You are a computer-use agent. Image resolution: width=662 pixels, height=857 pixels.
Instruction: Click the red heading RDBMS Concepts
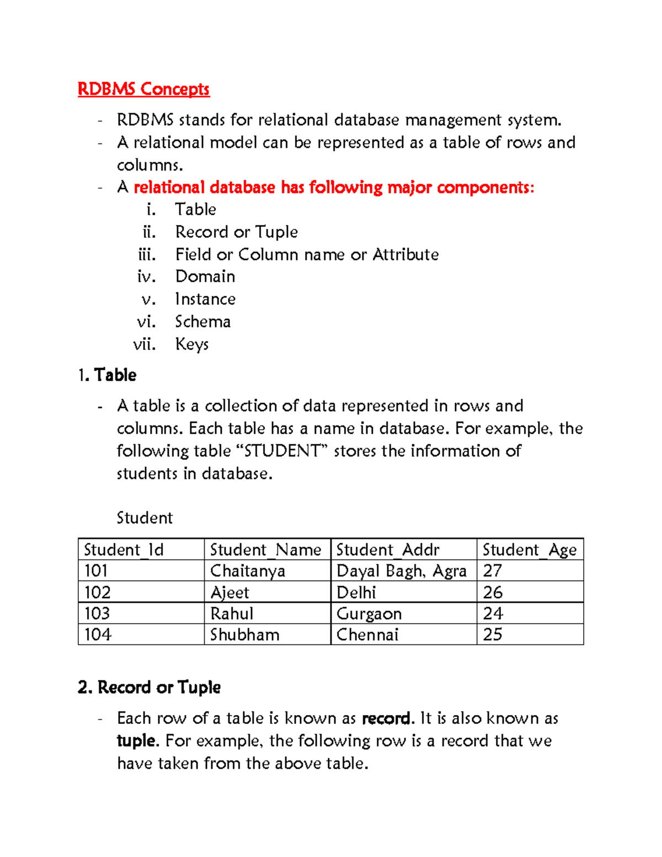click(143, 89)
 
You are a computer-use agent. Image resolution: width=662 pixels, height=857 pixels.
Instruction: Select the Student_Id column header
click(124, 550)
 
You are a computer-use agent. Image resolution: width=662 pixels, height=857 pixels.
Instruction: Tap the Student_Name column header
click(265, 550)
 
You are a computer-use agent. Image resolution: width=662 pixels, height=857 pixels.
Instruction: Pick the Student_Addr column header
click(388, 550)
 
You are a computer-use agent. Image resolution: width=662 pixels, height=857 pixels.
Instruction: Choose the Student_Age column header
click(529, 550)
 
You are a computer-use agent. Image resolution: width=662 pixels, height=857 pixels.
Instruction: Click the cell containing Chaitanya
click(248, 571)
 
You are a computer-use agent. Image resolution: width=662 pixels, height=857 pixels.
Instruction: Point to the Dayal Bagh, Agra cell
click(402, 571)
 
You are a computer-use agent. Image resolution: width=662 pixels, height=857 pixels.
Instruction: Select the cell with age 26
click(493, 592)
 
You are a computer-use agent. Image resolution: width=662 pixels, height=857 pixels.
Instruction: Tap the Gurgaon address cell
click(369, 614)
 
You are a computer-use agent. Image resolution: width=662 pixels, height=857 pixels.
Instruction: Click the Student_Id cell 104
click(98, 635)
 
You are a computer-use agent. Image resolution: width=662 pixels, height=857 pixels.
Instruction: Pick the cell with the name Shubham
click(245, 635)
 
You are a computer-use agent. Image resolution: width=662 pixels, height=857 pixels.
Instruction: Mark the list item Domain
click(205, 276)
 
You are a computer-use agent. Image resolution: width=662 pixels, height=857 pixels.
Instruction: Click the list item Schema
click(203, 322)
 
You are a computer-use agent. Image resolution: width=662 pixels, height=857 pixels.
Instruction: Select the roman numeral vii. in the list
click(145, 344)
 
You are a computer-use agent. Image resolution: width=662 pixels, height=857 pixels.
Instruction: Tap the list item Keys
click(192, 344)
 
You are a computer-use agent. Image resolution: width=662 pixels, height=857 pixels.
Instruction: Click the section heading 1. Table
click(108, 375)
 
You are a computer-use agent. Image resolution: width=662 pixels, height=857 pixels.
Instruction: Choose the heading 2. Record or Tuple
click(150, 688)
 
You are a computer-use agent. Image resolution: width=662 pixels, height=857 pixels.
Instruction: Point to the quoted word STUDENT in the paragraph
click(282, 451)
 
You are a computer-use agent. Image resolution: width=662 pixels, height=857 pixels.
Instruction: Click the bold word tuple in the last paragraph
click(137, 741)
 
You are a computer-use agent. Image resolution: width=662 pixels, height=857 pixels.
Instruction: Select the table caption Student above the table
click(145, 518)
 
